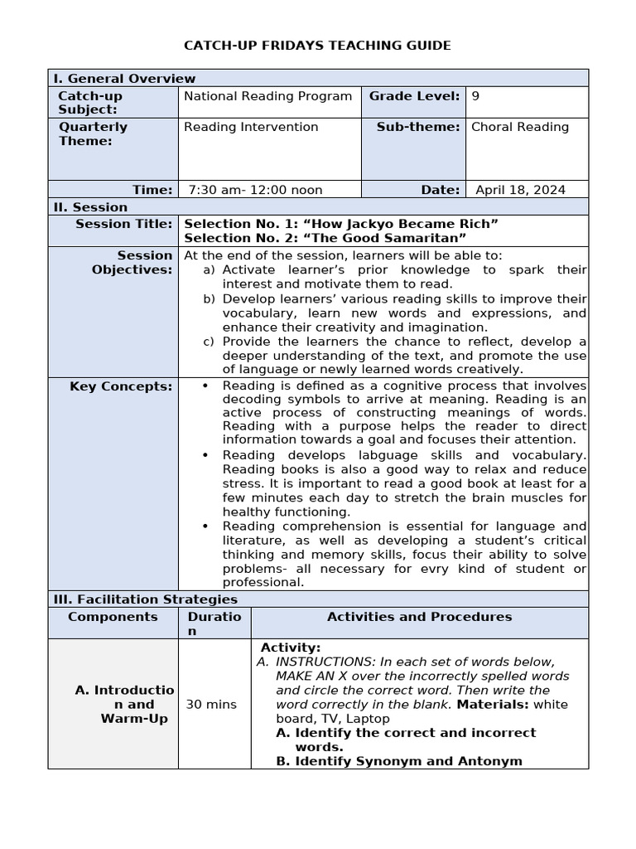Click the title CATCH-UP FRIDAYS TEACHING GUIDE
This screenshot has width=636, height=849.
317,45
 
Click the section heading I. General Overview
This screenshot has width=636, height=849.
124,79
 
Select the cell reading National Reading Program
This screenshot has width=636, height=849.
267,96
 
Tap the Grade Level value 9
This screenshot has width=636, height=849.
475,96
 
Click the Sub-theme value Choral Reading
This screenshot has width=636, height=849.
520,127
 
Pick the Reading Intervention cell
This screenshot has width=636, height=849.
251,127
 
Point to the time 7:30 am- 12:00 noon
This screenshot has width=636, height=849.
255,190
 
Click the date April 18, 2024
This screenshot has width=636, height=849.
520,190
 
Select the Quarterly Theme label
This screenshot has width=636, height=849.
92,133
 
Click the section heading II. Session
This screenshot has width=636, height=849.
90,207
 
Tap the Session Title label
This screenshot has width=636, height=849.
124,224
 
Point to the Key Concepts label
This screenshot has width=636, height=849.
121,386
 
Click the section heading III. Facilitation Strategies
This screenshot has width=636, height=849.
145,599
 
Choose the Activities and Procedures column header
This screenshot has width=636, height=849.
419,617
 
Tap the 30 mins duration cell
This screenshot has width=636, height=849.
211,704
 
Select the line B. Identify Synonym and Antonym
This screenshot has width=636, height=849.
399,761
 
